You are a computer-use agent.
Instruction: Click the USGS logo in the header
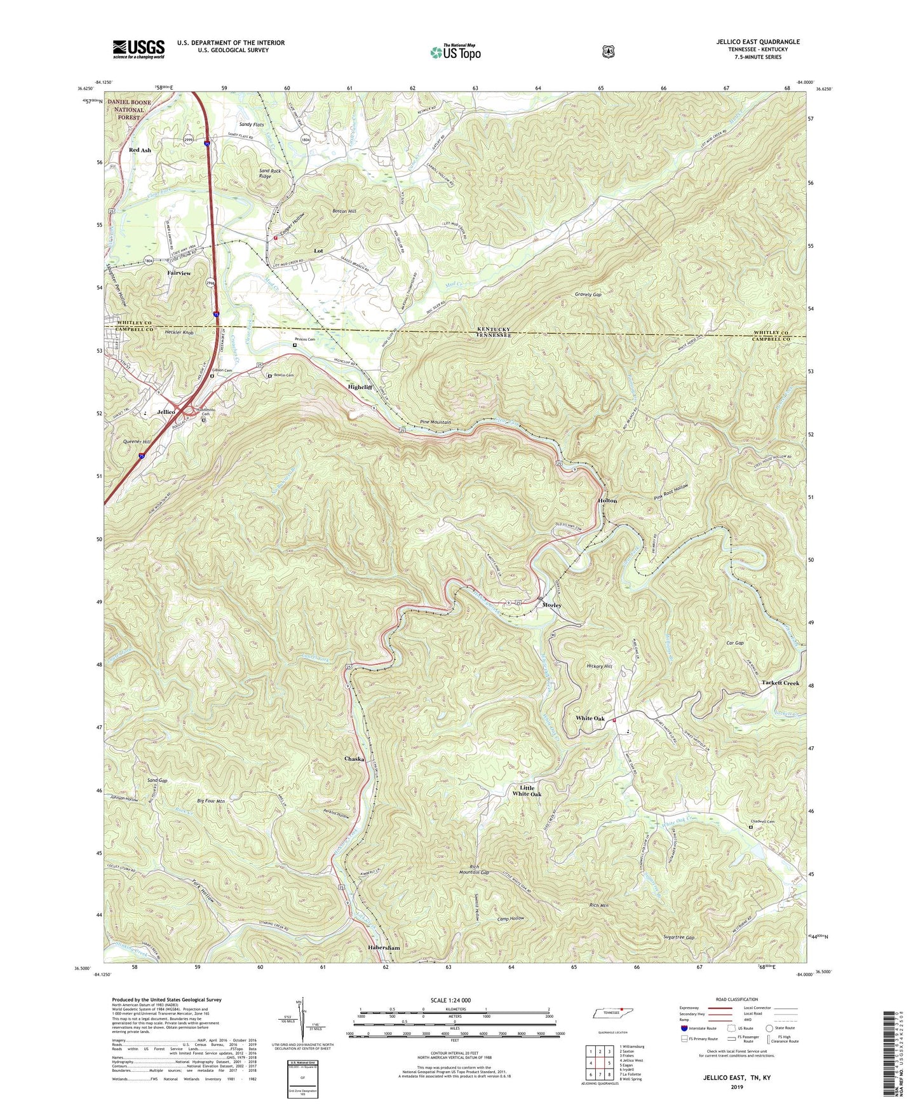click(138, 49)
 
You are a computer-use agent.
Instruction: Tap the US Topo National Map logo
click(455, 52)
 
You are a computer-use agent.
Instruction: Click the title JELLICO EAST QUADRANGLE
click(757, 42)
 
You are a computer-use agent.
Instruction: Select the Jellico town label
click(166, 412)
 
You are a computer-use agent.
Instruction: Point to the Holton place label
click(607, 501)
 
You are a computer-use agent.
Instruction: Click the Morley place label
click(551, 605)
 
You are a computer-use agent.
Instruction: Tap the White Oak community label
click(590, 718)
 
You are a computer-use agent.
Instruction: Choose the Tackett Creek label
click(780, 683)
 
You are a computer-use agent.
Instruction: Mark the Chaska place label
click(354, 759)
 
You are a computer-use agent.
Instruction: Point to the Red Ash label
click(140, 150)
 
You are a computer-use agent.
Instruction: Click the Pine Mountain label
click(435, 422)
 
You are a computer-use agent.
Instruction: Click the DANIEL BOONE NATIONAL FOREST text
click(129, 109)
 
